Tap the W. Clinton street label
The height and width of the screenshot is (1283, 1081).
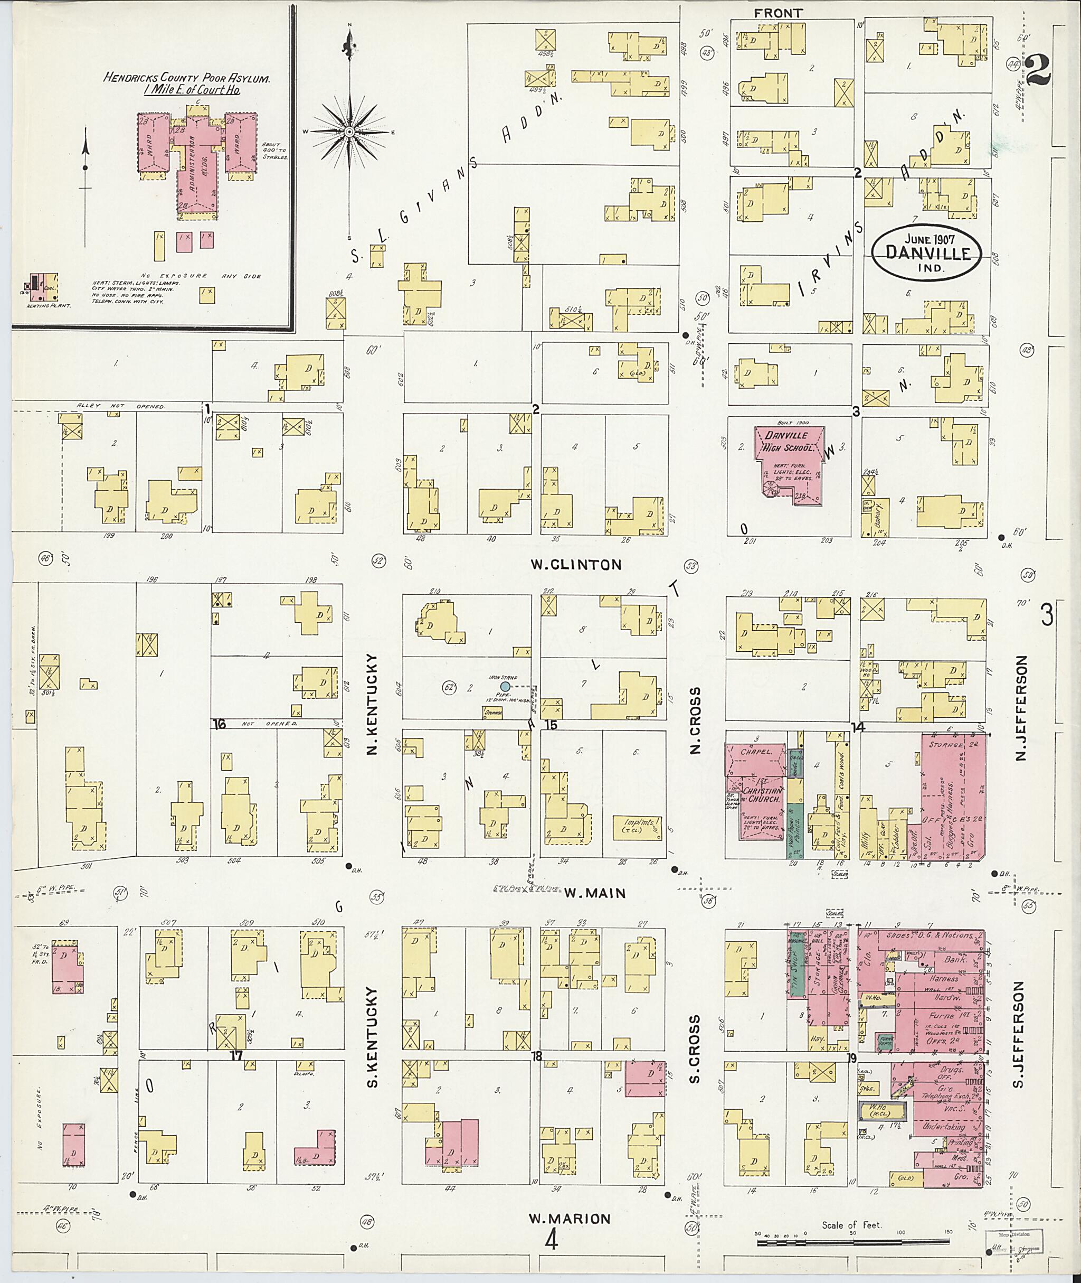click(575, 565)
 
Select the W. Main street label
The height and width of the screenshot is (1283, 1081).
click(594, 894)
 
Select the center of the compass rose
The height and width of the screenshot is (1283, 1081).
click(349, 132)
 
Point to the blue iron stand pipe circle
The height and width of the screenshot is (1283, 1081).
click(505, 686)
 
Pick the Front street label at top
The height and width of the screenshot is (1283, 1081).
click(777, 13)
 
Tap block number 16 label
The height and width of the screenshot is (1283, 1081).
click(219, 724)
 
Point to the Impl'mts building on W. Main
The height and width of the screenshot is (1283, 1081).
click(637, 827)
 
